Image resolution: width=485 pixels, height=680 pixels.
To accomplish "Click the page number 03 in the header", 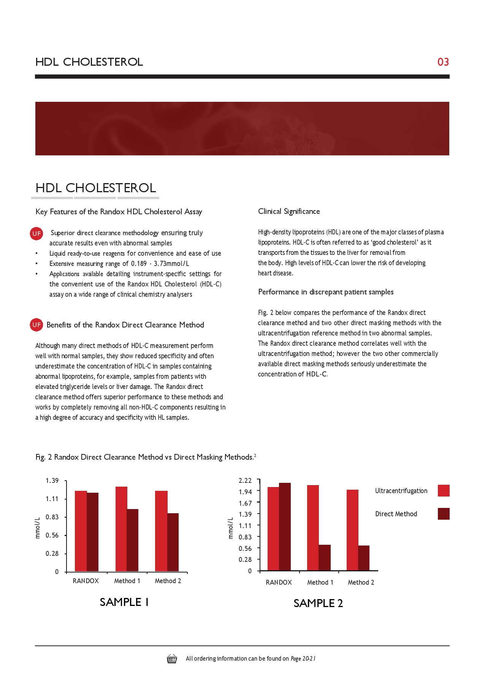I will (x=443, y=62).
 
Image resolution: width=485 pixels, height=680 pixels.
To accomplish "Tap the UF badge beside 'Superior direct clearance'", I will (x=36, y=234).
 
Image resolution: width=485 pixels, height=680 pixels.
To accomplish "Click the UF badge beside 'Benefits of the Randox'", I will (x=36, y=325).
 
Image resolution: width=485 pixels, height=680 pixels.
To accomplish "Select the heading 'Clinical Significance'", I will (x=289, y=212).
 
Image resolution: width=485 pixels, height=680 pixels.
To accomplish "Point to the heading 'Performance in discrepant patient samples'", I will (x=326, y=292).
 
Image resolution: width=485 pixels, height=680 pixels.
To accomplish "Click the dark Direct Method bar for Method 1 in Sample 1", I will (x=133, y=540).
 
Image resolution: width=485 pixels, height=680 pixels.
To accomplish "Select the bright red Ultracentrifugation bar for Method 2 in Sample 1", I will (x=161, y=531).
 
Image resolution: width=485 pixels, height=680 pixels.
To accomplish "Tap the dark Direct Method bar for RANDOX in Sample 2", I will (x=285, y=527).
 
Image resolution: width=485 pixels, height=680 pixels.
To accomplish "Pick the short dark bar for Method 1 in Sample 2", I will (x=325, y=557).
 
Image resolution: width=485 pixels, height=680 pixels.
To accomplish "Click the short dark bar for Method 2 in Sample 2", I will (x=364, y=558).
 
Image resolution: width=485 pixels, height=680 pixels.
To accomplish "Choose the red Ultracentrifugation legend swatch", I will (x=444, y=491).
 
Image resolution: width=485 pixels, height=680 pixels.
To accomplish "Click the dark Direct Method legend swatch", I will (x=444, y=514).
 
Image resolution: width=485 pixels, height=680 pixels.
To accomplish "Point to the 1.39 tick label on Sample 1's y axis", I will (x=52, y=481).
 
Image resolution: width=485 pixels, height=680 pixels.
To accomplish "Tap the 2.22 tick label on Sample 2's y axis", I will (x=245, y=481).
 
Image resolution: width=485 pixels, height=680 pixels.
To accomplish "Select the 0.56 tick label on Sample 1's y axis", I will (x=52, y=535).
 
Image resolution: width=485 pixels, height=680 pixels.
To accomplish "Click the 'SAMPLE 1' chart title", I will (x=124, y=603).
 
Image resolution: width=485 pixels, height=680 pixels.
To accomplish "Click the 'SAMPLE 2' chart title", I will (x=318, y=604).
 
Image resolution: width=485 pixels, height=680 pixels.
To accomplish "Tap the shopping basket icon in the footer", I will (x=172, y=659).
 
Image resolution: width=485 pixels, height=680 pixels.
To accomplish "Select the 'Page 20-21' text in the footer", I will (x=303, y=659).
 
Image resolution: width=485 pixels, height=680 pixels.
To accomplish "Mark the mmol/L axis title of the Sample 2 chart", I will (x=231, y=528).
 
